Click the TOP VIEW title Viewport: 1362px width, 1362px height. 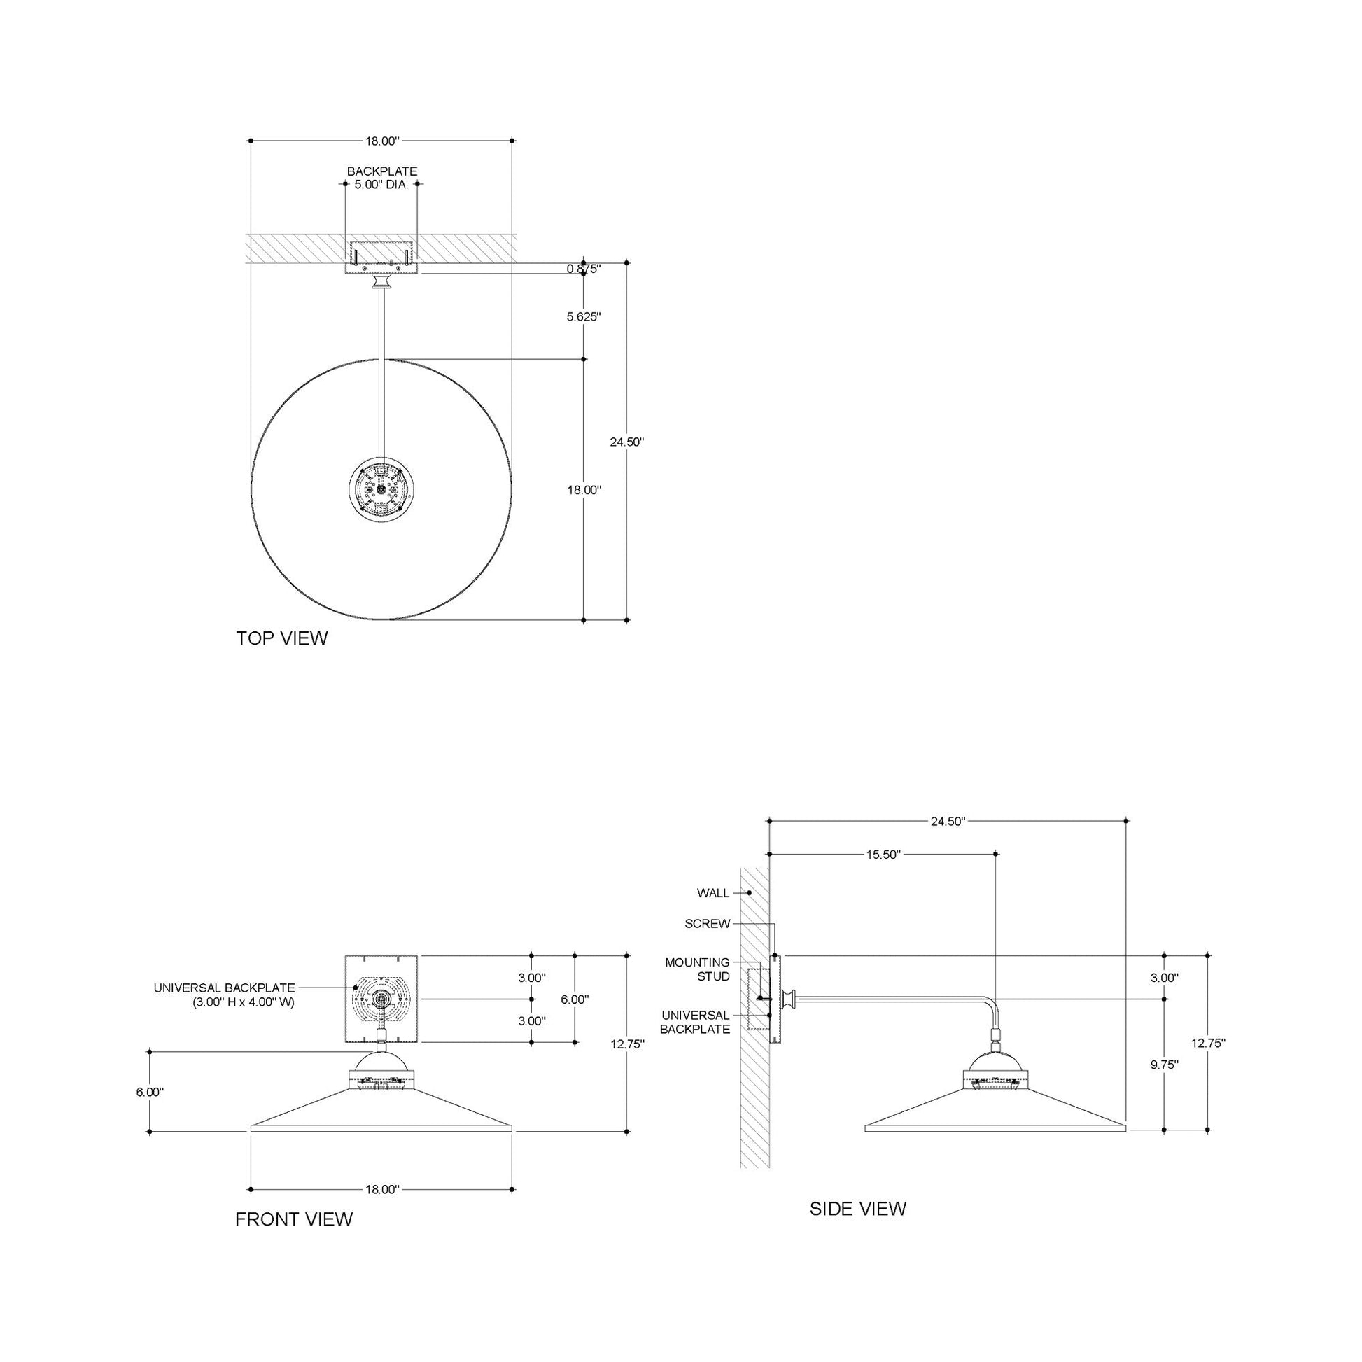coord(282,639)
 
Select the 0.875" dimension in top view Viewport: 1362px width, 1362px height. coord(584,269)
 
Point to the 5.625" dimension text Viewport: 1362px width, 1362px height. coord(584,317)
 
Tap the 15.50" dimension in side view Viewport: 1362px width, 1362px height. coord(883,855)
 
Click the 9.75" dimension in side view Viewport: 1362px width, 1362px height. coord(1165,1065)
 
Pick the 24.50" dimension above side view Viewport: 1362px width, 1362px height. coord(947,821)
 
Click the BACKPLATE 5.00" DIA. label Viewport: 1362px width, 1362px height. coord(381,178)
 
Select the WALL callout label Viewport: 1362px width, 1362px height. coord(712,893)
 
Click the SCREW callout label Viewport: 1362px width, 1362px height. coord(707,923)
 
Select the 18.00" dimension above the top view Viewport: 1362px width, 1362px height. coord(382,141)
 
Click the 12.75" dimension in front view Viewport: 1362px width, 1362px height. coord(627,1044)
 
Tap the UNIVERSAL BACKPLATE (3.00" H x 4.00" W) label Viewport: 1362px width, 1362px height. coord(224,995)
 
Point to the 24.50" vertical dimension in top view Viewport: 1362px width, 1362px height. coord(626,442)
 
